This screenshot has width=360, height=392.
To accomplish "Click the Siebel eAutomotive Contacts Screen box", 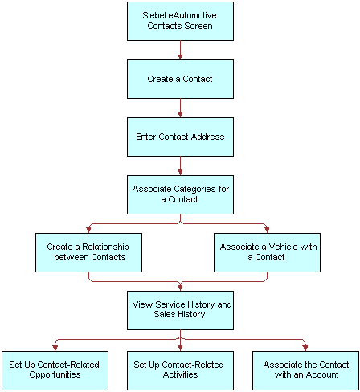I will point(180,21).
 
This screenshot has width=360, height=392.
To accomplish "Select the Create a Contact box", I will point(180,79).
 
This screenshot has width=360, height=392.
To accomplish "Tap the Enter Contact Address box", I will point(180,137).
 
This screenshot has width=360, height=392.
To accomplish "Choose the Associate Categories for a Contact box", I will point(180,194).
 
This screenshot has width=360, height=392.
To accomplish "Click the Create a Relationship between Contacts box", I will point(88,252).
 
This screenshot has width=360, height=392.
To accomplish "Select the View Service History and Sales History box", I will point(180,310).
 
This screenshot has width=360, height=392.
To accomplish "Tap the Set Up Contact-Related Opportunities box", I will point(55,370).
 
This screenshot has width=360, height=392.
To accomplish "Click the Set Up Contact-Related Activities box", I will point(180,370).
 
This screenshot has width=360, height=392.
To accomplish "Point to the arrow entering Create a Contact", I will point(180,55).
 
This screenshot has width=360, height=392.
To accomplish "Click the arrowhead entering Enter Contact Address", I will point(180,113).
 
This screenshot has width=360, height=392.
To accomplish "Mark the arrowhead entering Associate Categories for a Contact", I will point(180,171).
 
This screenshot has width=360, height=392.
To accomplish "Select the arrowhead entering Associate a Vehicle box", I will point(267,229).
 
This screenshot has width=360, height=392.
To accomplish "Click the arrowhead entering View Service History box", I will point(180,287).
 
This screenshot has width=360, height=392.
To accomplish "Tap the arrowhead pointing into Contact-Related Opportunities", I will point(55,346).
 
